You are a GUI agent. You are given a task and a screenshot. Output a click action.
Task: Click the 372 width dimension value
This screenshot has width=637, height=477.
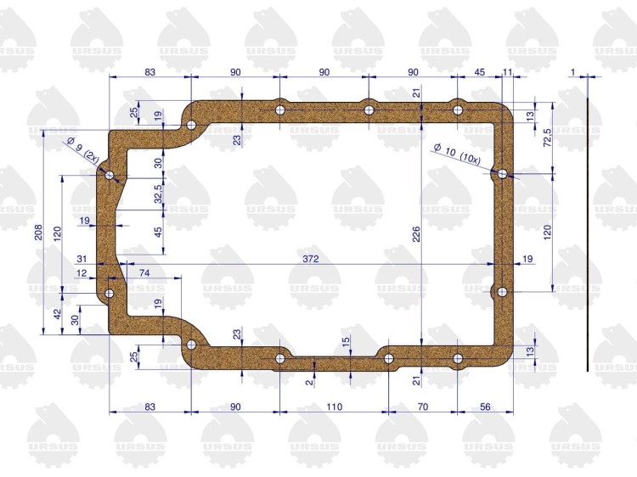(x=310, y=259)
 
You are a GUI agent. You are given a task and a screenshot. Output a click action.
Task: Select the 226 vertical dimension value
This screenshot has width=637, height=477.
(x=416, y=234)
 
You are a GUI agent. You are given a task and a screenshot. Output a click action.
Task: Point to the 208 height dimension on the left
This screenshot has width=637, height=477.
(x=38, y=233)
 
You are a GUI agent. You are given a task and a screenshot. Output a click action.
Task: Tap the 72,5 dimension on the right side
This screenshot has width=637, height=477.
(x=547, y=137)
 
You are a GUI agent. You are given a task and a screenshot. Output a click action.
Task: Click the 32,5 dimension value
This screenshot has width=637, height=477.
(x=158, y=194)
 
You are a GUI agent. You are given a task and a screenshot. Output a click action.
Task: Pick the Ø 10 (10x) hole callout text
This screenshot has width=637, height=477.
(x=457, y=154)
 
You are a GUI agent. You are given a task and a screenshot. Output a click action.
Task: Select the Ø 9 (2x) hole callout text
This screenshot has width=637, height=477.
(x=83, y=149)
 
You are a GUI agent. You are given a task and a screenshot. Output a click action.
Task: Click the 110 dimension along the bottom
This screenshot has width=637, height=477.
(x=334, y=407)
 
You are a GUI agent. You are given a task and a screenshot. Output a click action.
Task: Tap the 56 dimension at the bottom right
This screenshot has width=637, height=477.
(x=485, y=407)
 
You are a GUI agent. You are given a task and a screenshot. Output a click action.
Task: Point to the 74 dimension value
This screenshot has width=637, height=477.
(x=144, y=273)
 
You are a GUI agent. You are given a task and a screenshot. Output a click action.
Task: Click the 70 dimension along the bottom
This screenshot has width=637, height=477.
(x=423, y=407)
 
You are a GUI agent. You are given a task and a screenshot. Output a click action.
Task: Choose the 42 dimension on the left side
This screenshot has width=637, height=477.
(x=58, y=314)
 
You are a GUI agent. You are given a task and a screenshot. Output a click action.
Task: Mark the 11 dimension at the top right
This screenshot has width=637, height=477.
(x=507, y=72)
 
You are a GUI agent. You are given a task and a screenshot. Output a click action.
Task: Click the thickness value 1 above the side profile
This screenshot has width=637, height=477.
(x=573, y=72)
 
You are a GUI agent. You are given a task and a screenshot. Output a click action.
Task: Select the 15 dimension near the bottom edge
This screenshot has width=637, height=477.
(x=346, y=342)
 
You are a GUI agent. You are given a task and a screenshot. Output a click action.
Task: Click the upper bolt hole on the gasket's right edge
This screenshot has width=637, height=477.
(x=502, y=174)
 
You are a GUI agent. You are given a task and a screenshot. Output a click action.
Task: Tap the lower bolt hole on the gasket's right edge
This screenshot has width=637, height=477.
(x=502, y=291)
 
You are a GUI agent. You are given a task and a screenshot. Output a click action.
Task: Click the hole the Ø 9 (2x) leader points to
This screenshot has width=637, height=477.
(x=110, y=176)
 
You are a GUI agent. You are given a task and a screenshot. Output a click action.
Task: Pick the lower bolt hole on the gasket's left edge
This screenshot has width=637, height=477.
(x=110, y=293)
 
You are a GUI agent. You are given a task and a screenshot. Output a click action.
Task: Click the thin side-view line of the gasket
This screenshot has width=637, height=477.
(x=588, y=234)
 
